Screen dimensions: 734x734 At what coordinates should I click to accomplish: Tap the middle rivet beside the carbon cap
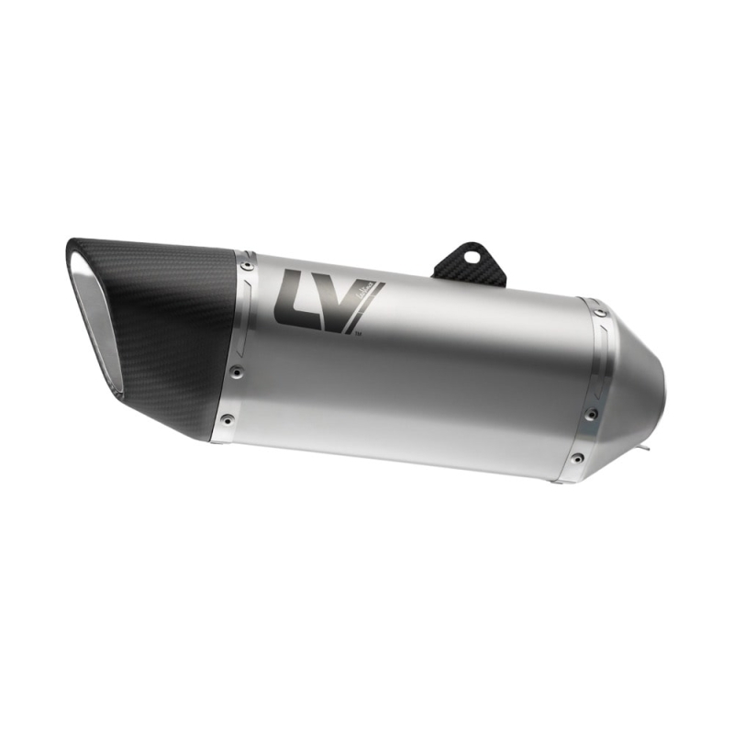[237, 372]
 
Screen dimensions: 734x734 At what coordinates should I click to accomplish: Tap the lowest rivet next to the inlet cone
[576, 458]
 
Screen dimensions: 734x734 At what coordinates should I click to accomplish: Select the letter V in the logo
[344, 303]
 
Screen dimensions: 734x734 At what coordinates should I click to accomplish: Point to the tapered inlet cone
[633, 385]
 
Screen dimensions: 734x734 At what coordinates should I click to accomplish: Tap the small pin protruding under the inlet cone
[648, 450]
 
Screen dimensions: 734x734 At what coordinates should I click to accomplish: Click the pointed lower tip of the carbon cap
[206, 439]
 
